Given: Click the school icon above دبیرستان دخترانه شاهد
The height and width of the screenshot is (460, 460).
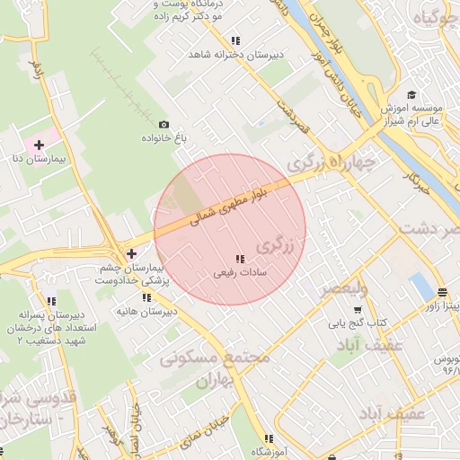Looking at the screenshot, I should click(x=235, y=40).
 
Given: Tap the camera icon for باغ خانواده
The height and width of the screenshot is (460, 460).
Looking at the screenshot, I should click(x=164, y=124).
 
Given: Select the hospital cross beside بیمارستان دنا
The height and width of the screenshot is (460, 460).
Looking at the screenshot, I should click(x=39, y=145).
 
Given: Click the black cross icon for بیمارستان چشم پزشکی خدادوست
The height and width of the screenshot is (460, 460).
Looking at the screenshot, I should click(x=131, y=254).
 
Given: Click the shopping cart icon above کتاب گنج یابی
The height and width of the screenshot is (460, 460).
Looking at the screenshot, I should click(x=358, y=309).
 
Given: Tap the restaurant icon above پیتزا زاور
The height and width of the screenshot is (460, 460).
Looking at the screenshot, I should click(x=442, y=293).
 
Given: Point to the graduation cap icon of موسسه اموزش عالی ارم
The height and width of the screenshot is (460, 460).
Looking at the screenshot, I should click(x=411, y=95).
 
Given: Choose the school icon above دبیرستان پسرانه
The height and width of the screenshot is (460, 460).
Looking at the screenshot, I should click(x=51, y=301).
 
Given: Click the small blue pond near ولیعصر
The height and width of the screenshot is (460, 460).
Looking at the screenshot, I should click(x=419, y=287).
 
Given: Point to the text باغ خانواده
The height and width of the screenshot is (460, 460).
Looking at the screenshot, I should click(x=164, y=139).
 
